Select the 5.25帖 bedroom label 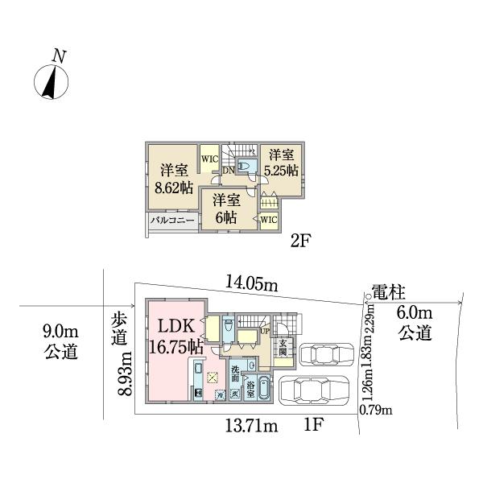pos(283,162)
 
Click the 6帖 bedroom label pos(226,208)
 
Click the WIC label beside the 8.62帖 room pos(209,159)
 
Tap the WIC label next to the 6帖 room pos(268,220)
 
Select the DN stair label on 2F pos(228,170)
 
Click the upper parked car pos(326,354)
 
